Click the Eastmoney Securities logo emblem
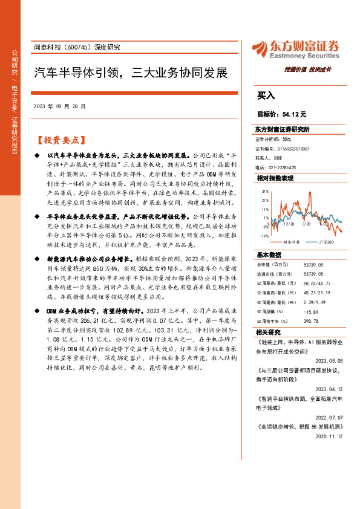coord(260,49)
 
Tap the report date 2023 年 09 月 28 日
coord(64,105)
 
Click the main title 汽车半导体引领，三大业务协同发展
coord(130,73)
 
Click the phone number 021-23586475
coord(287,167)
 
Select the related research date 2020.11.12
coord(330,435)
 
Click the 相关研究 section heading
coord(267,333)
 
